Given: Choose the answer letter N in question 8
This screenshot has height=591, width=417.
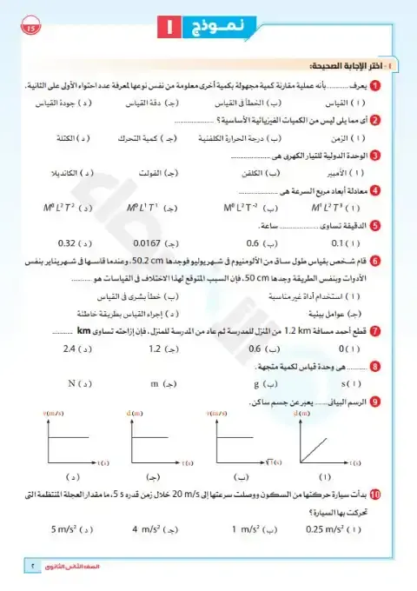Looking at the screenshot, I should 72,382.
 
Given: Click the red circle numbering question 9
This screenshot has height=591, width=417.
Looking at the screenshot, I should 374,402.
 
